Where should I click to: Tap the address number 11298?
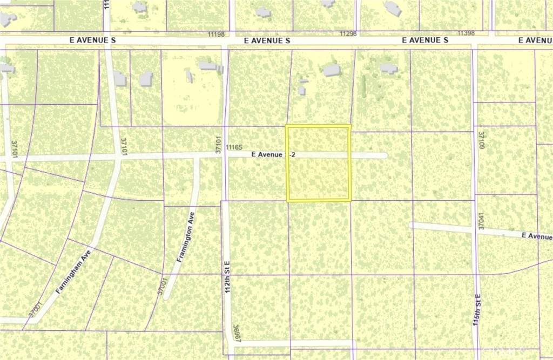348,33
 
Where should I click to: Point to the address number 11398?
466,33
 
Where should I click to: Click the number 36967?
236,333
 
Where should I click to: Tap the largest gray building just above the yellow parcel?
331,70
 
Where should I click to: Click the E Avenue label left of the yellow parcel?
268,154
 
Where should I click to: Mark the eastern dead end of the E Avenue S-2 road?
385,155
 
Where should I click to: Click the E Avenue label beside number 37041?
537,236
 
